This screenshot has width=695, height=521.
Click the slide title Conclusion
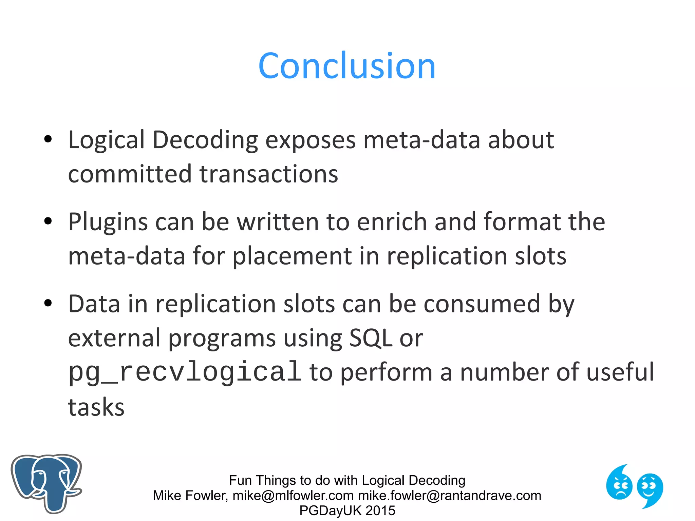tap(347, 66)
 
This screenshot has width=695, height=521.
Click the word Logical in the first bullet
tap(106, 140)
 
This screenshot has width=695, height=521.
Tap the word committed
tap(130, 174)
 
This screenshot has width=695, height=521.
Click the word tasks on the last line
tap(96, 407)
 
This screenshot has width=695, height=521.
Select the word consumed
tap(482, 304)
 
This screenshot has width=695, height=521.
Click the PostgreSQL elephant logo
tap(46, 483)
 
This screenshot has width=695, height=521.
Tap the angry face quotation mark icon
tap(619, 483)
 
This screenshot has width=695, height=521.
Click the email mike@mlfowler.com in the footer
tap(293, 496)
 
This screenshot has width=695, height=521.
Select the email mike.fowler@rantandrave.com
tap(450, 496)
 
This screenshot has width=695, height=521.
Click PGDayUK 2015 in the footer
tap(347, 510)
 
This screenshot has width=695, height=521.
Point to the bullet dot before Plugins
tap(48, 221)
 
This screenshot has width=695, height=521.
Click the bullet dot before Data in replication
tap(48, 303)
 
